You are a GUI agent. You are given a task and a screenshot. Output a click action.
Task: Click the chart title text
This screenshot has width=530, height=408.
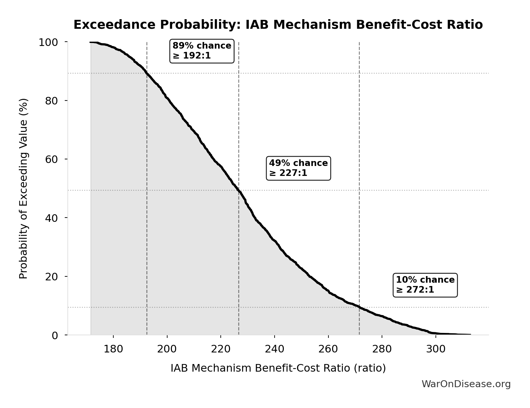point(278,25)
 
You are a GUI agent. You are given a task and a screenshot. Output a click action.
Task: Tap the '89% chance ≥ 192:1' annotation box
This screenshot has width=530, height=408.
point(202,51)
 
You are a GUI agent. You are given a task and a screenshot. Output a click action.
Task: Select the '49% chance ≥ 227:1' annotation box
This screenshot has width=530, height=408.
point(298,168)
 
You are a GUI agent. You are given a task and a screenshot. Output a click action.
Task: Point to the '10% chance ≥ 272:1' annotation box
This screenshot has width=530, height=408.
point(425,285)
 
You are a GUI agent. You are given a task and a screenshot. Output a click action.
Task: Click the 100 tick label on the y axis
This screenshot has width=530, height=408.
point(48,42)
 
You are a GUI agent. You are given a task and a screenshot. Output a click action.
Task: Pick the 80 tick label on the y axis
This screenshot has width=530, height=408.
point(52,101)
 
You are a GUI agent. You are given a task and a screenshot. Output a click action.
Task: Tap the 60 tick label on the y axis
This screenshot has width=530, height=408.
point(52,159)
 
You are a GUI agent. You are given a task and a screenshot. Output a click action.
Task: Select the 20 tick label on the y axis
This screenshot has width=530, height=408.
point(52,276)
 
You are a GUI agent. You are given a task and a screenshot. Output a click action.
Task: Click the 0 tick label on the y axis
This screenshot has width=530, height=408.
point(55,335)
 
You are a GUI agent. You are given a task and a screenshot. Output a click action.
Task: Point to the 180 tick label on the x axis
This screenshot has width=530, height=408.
point(113,349)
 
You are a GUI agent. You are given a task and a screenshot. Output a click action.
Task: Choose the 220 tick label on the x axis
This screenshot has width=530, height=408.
point(221,349)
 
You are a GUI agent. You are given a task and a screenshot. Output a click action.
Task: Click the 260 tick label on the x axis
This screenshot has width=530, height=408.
point(328,349)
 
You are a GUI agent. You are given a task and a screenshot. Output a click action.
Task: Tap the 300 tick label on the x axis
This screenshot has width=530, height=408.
point(435,349)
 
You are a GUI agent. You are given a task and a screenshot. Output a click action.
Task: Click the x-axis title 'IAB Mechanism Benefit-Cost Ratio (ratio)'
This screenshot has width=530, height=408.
point(278,368)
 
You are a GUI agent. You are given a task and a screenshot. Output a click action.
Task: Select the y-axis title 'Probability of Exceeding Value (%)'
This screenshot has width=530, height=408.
point(23,188)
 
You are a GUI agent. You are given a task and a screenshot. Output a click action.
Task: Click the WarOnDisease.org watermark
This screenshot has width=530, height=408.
point(466,384)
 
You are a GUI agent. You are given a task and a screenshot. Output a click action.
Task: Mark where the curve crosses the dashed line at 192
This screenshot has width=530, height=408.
point(147,73)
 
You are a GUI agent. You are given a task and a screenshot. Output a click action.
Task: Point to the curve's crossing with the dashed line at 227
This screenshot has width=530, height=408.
point(239,190)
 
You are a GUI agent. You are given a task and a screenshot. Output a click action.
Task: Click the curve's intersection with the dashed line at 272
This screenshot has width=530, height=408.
point(359,307)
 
